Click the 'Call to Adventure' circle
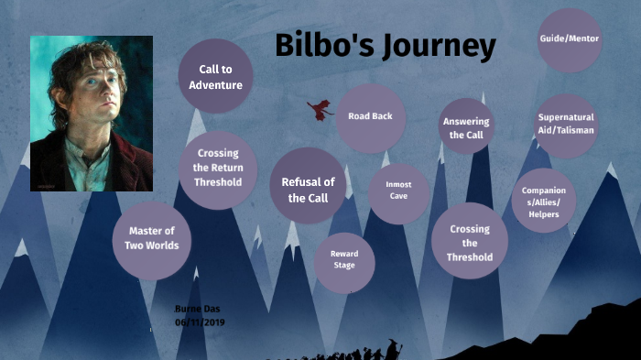click(215, 76)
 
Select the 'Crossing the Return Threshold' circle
click(219, 169)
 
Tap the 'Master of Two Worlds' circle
click(152, 238)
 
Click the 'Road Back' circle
click(370, 117)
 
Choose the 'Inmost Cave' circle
click(398, 191)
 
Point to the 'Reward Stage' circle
click(343, 259)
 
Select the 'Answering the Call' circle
click(466, 127)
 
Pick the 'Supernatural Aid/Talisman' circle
click(566, 125)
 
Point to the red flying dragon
click(320, 111)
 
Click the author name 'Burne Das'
click(197, 309)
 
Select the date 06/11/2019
click(200, 322)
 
